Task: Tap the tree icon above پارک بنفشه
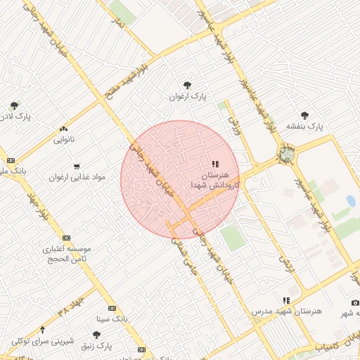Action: click(x=304, y=115)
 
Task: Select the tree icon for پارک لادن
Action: click(x=13, y=105)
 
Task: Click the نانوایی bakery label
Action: click(x=63, y=139)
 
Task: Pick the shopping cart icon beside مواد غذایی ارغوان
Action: click(x=76, y=166)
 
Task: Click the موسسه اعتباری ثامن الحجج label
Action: click(x=67, y=254)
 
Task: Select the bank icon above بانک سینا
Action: click(x=112, y=308)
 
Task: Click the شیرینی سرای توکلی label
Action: click(x=43, y=341)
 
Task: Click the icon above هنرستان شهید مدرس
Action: click(x=285, y=300)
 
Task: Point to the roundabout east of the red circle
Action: click(x=286, y=153)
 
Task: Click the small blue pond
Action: click(x=350, y=202)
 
